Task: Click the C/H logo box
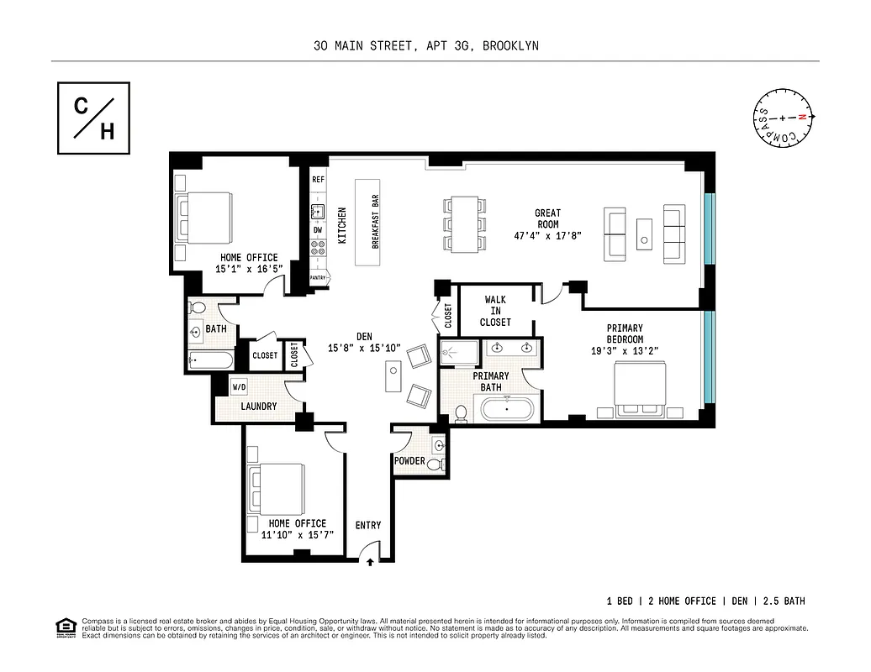coord(93,118)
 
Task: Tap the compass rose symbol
coord(783,118)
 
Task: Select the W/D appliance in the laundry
coord(240,387)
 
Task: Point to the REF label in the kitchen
coord(318,180)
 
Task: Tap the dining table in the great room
coord(465,224)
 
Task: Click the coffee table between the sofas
coord(644,233)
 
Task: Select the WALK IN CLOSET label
coord(495,311)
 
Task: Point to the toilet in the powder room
coord(434,464)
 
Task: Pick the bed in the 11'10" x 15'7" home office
coord(278,486)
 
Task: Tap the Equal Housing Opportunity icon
coord(64,627)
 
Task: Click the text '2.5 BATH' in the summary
coord(783,601)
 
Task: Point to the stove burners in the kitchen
coord(318,247)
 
